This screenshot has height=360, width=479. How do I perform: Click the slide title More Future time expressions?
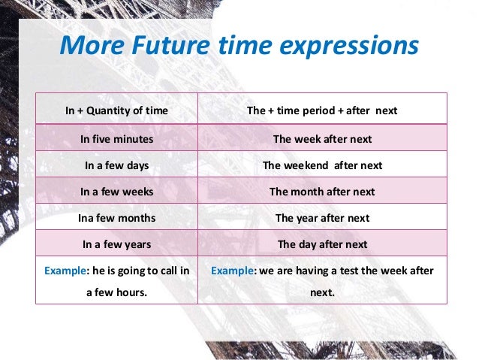click(x=239, y=46)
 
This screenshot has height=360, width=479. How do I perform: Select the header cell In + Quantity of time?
click(x=116, y=111)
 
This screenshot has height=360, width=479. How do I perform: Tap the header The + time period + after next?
click(x=322, y=111)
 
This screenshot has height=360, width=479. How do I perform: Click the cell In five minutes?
click(x=116, y=139)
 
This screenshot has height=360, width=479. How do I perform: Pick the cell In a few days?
click(x=116, y=165)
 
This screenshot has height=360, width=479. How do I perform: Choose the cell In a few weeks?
click(x=116, y=192)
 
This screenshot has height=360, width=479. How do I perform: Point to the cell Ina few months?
click(x=116, y=218)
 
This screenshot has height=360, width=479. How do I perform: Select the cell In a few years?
click(x=116, y=244)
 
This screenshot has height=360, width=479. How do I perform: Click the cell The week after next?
click(x=322, y=139)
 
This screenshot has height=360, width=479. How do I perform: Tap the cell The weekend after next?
click(x=322, y=165)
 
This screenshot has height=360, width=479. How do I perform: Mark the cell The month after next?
click(x=322, y=192)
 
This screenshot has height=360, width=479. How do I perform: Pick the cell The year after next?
click(x=322, y=218)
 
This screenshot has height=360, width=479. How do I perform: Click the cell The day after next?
click(x=322, y=244)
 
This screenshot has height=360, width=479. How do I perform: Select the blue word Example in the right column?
click(x=234, y=270)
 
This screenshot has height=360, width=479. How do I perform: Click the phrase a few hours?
click(x=116, y=293)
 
